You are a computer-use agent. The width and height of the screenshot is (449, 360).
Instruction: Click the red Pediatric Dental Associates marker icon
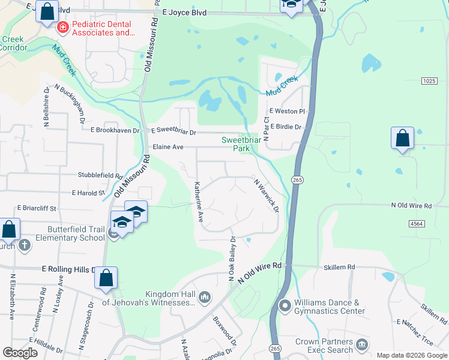[x=61, y=27]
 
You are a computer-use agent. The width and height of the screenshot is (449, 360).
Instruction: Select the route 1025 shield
[x=429, y=80]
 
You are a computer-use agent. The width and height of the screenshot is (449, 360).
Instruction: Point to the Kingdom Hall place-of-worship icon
[x=205, y=297]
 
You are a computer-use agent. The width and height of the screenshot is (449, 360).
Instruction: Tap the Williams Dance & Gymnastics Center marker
[x=284, y=307]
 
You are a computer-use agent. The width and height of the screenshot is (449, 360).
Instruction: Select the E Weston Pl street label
[x=288, y=111]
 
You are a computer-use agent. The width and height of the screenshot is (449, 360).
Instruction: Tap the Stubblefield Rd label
[x=100, y=175]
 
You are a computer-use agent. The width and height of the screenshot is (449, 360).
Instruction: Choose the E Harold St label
[x=88, y=193]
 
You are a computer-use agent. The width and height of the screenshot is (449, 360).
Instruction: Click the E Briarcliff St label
[x=36, y=208]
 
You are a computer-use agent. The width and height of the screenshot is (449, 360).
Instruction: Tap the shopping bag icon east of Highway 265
[x=402, y=138]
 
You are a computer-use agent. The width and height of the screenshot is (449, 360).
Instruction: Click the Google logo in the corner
[x=20, y=353]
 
